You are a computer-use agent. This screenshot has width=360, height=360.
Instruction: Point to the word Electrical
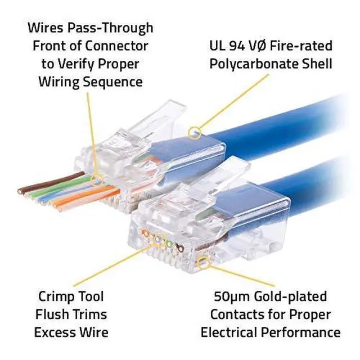tap(237, 332)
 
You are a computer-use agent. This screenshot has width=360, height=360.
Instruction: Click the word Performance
tap(307, 332)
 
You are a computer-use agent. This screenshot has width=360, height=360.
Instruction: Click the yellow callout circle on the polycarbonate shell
tap(196, 133)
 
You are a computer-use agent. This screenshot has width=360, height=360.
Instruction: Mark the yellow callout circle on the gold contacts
tap(204, 262)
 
